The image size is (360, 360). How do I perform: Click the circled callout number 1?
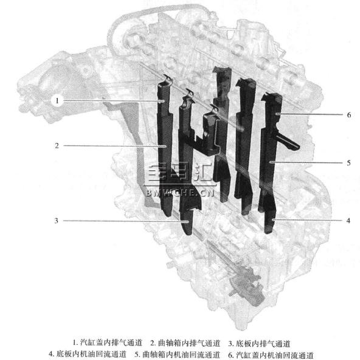(x=57, y=100)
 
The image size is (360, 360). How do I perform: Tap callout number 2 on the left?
(x=57, y=145)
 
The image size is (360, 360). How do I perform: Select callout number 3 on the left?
(x=57, y=221)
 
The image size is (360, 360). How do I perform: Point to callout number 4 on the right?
(x=348, y=220)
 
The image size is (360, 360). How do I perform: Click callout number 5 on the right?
(x=348, y=163)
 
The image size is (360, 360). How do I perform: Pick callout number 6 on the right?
(x=349, y=114)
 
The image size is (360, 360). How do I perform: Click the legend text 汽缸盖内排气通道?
(x=111, y=343)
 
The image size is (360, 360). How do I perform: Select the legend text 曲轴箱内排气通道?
(x=189, y=343)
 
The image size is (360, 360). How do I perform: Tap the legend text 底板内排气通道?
(x=263, y=344)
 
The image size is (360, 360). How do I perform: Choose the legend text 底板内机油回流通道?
(x=91, y=354)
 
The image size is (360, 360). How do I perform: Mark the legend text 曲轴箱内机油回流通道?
(x=181, y=355)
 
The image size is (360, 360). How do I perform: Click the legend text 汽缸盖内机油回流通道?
(x=275, y=355)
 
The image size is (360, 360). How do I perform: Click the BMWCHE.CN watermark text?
(x=180, y=192)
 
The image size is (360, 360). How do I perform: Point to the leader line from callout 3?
(x=126, y=221)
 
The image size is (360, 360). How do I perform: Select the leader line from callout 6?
(x=310, y=114)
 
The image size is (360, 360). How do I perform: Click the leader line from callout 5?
(x=306, y=162)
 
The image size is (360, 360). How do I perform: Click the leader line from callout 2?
(x=115, y=146)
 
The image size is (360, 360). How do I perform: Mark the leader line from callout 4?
(x=308, y=220)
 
